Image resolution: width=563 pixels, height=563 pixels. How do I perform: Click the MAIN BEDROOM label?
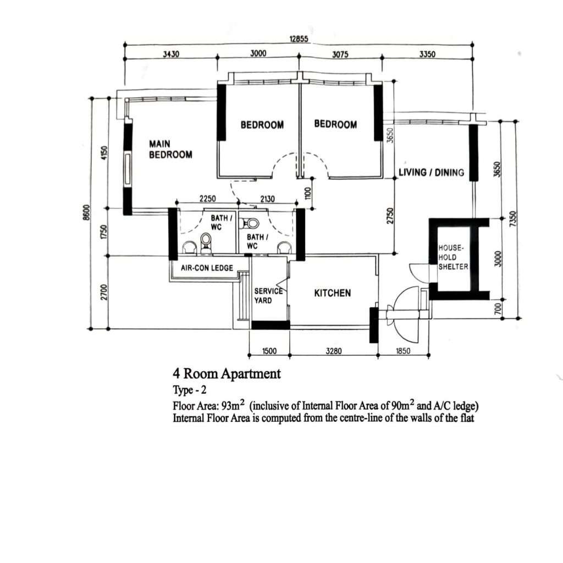click(x=170, y=150)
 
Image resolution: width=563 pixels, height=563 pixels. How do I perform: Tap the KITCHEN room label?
click(x=333, y=293)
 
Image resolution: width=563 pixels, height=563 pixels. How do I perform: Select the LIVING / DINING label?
click(x=431, y=172)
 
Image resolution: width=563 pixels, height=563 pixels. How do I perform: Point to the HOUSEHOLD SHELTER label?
click(x=453, y=257)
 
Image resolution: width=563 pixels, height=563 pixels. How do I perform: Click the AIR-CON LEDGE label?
click(x=207, y=268)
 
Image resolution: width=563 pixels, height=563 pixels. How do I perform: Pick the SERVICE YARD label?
click(x=268, y=295)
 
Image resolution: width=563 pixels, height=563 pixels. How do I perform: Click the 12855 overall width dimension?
click(x=299, y=39)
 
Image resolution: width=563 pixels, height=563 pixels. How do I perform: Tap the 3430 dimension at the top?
click(x=171, y=54)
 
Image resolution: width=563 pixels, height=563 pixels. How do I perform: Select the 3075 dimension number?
click(x=340, y=54)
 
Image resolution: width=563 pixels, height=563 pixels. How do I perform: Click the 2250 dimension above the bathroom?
click(x=207, y=198)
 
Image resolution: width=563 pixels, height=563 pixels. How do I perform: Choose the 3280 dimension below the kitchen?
click(x=334, y=351)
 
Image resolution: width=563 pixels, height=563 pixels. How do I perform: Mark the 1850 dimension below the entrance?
click(x=403, y=351)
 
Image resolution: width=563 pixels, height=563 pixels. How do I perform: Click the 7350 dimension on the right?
click(x=513, y=218)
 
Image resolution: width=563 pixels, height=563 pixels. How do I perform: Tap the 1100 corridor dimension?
click(x=307, y=194)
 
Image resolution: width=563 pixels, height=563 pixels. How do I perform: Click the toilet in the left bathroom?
click(x=206, y=242)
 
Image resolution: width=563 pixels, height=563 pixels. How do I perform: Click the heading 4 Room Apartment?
click(x=227, y=374)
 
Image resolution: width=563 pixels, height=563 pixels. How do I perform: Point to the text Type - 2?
click(x=190, y=390)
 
